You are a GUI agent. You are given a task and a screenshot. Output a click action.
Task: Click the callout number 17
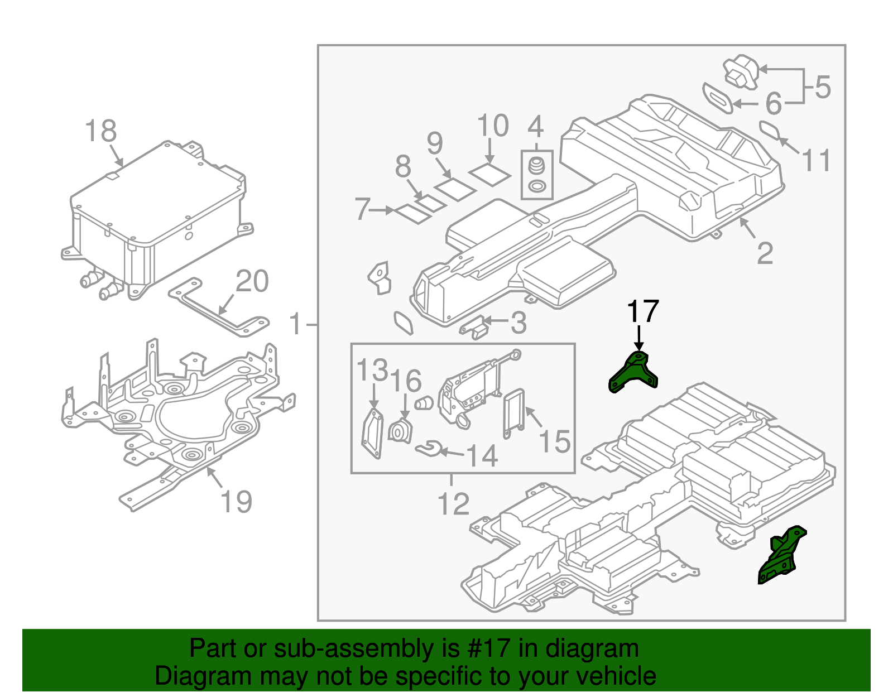coord(643,311)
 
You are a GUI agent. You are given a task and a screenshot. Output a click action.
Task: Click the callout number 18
coord(100,131)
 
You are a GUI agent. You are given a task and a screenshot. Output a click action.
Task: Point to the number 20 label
coord(252,281)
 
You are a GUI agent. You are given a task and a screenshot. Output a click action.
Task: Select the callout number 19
coord(237,501)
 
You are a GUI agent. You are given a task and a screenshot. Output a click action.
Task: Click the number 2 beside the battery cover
coord(765,253)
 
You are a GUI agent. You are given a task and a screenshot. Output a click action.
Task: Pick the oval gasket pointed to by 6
coord(718,98)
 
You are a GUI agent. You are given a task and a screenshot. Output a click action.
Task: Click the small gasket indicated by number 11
coord(771,130)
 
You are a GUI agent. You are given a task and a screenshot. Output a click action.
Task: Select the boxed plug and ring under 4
coord(537,175)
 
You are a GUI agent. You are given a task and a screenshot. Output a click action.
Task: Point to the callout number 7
coord(362,209)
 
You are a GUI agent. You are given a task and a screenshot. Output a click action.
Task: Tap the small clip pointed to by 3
coord(474,327)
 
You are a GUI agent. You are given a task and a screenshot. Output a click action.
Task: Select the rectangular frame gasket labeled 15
coord(514,414)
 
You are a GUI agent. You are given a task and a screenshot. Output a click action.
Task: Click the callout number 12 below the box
coord(453,504)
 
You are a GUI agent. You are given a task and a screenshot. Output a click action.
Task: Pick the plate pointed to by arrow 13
coord(372,434)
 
